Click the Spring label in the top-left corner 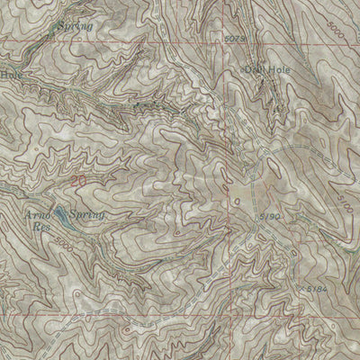click(x=74, y=27)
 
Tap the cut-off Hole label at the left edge click(x=9, y=75)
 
